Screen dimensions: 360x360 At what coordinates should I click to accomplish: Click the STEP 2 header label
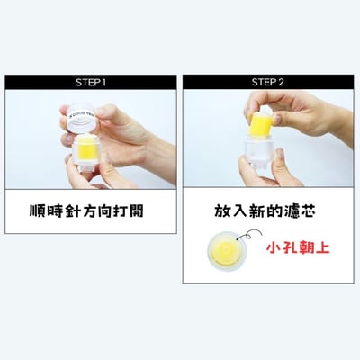pyautogui.click(x=268, y=82)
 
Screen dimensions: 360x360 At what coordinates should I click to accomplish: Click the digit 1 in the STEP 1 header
pyautogui.click(x=104, y=82)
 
